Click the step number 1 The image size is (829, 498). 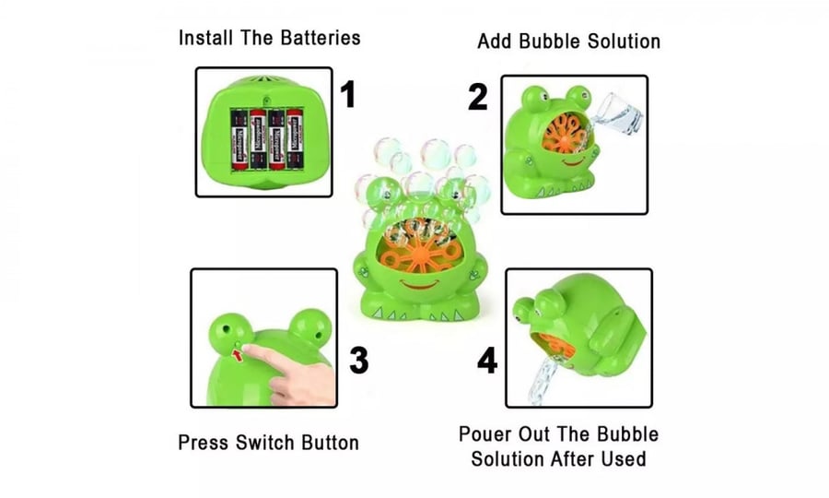(347, 95)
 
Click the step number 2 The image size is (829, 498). (477, 97)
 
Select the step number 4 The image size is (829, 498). (487, 361)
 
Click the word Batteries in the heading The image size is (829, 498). (321, 38)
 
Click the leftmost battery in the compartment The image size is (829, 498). (239, 139)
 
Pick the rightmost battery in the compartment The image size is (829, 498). (295, 139)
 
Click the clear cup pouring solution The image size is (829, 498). (619, 113)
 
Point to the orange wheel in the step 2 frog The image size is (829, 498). (566, 134)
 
